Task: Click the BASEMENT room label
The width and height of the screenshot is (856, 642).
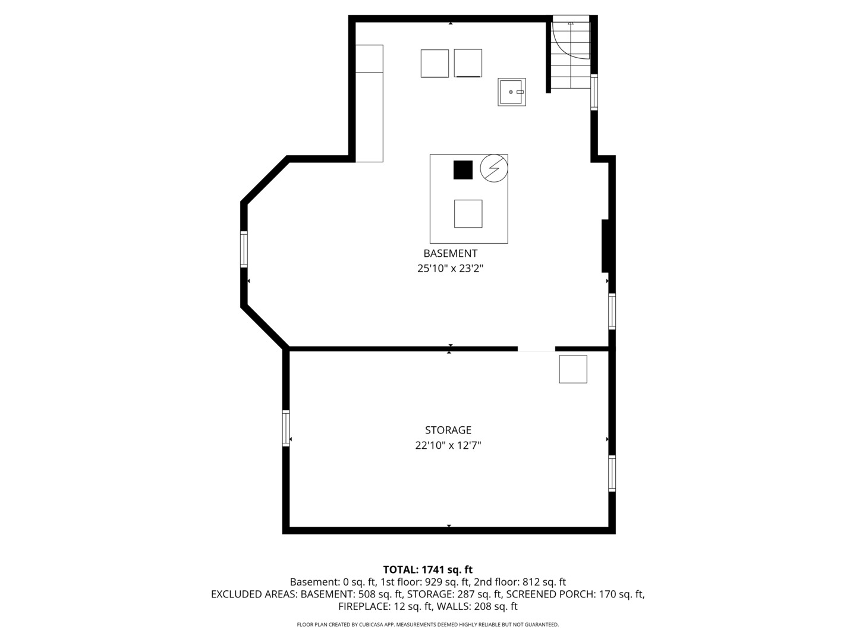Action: (450, 253)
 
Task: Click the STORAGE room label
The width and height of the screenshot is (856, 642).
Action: (448, 430)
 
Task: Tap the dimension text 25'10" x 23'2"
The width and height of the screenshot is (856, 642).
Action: (450, 269)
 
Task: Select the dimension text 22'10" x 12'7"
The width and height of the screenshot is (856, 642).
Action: (448, 445)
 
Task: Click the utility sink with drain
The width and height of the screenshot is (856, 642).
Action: (512, 92)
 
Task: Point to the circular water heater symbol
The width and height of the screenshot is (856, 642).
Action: (494, 168)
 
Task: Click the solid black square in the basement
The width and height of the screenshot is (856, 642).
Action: (463, 170)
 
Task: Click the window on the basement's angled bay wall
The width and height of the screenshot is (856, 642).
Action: (244, 249)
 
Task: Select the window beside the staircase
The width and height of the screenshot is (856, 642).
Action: (594, 92)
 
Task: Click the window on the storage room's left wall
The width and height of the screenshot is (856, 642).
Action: (286, 428)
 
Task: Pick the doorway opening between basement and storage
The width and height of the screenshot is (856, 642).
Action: (536, 349)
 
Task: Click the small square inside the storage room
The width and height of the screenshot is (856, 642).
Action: (573, 369)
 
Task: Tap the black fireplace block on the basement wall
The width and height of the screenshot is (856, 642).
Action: (606, 246)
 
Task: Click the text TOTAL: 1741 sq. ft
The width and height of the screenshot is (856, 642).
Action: (428, 570)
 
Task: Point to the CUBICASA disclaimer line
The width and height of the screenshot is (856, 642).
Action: (428, 624)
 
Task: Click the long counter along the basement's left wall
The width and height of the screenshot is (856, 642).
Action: (369, 103)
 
